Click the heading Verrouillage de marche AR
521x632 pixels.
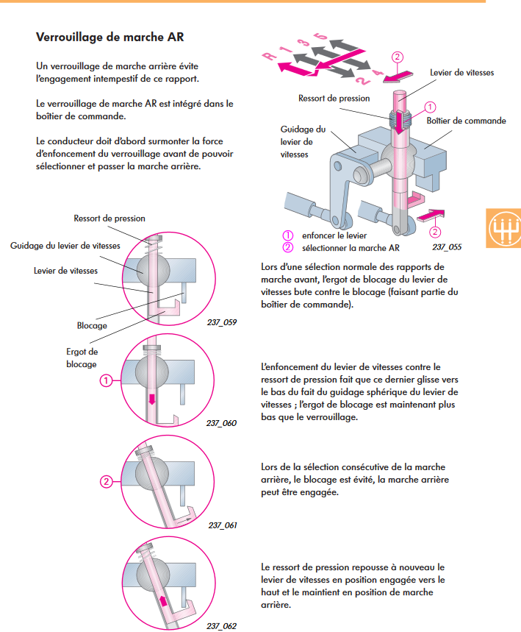coord(109,36)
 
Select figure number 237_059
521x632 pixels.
coord(222,322)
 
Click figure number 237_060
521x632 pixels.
coord(221,423)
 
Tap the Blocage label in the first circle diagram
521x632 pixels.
coord(92,324)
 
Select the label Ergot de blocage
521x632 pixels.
coord(82,358)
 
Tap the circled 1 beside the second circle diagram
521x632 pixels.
coord(106,381)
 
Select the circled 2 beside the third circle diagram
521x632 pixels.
coord(106,483)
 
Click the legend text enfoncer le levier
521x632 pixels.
coord(334,235)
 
